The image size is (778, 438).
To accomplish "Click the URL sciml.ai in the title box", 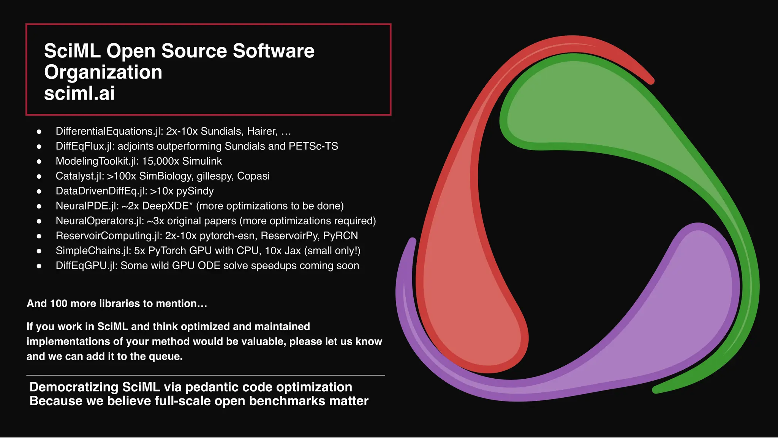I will pos(79,94).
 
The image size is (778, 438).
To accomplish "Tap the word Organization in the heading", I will pos(103,72).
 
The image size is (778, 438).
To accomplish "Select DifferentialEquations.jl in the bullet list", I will pos(109,132).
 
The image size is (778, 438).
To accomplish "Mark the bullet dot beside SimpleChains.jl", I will pos(39,251).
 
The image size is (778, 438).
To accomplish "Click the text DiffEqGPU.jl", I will pos(86,266).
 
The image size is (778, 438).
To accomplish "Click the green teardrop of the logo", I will pos(593,114).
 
